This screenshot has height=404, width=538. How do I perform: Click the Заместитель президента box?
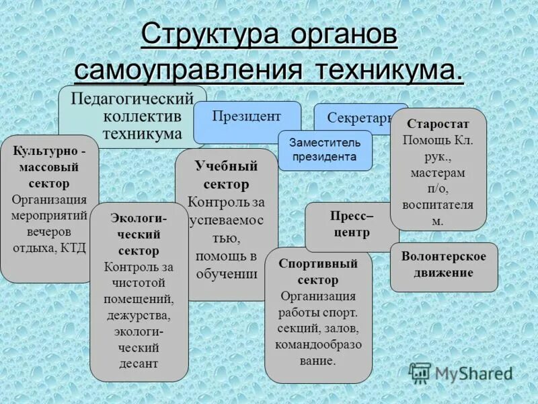click(324, 149)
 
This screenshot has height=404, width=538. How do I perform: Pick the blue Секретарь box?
click(359, 118)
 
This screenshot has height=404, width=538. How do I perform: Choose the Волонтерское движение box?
click(443, 265)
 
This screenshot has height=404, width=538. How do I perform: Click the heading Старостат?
click(438, 125)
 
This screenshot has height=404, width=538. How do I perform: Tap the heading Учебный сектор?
click(226, 175)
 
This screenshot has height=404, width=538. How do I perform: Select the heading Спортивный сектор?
click(318, 271)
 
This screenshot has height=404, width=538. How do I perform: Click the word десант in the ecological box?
click(139, 364)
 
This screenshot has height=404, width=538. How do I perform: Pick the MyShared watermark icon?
click(420, 372)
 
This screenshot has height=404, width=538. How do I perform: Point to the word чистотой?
click(139, 283)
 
